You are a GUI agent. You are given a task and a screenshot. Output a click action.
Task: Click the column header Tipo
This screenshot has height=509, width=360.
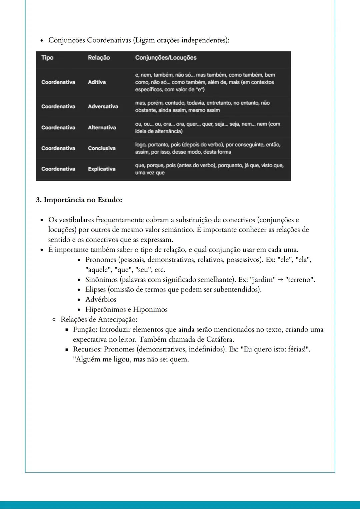[47, 58]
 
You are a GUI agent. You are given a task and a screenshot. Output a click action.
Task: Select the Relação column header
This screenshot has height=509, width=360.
[99, 58]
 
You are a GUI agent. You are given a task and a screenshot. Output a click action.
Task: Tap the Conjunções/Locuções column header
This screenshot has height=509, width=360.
[166, 58]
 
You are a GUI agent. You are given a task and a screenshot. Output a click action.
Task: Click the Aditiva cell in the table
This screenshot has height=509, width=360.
[97, 82]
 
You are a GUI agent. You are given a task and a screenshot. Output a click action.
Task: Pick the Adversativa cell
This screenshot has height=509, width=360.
[103, 106]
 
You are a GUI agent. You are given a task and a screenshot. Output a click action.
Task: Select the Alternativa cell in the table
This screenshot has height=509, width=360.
[102, 127]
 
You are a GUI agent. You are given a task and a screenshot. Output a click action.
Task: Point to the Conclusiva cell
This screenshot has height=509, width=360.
[102, 148]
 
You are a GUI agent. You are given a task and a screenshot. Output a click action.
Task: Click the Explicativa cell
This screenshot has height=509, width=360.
[102, 169]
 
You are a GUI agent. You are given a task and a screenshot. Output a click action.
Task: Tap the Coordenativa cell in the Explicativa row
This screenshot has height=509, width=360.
[58, 169]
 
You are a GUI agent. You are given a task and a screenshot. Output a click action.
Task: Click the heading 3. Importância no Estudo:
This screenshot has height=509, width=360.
[79, 200]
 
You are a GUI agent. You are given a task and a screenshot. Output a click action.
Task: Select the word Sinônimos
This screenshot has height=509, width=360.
[101, 279]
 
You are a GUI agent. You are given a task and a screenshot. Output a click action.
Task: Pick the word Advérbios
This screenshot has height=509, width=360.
[101, 299]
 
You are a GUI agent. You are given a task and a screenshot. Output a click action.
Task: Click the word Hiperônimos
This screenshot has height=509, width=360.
[105, 309]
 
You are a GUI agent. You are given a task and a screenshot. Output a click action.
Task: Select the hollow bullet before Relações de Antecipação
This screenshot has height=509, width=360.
[54, 320]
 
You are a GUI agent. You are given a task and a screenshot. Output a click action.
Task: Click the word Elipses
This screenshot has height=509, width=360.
[95, 289]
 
